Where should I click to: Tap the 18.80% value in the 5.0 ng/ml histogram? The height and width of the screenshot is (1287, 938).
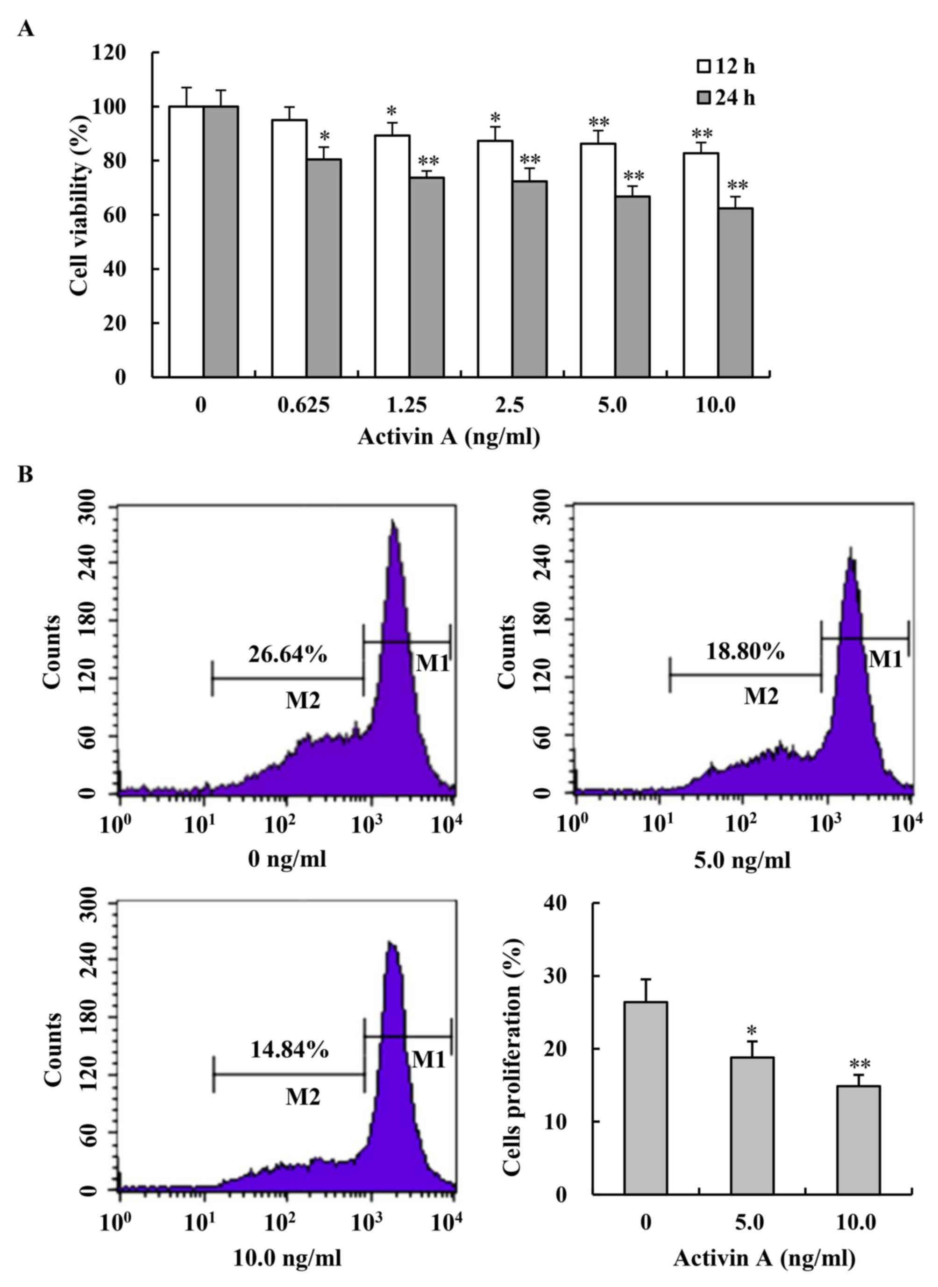point(745,652)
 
